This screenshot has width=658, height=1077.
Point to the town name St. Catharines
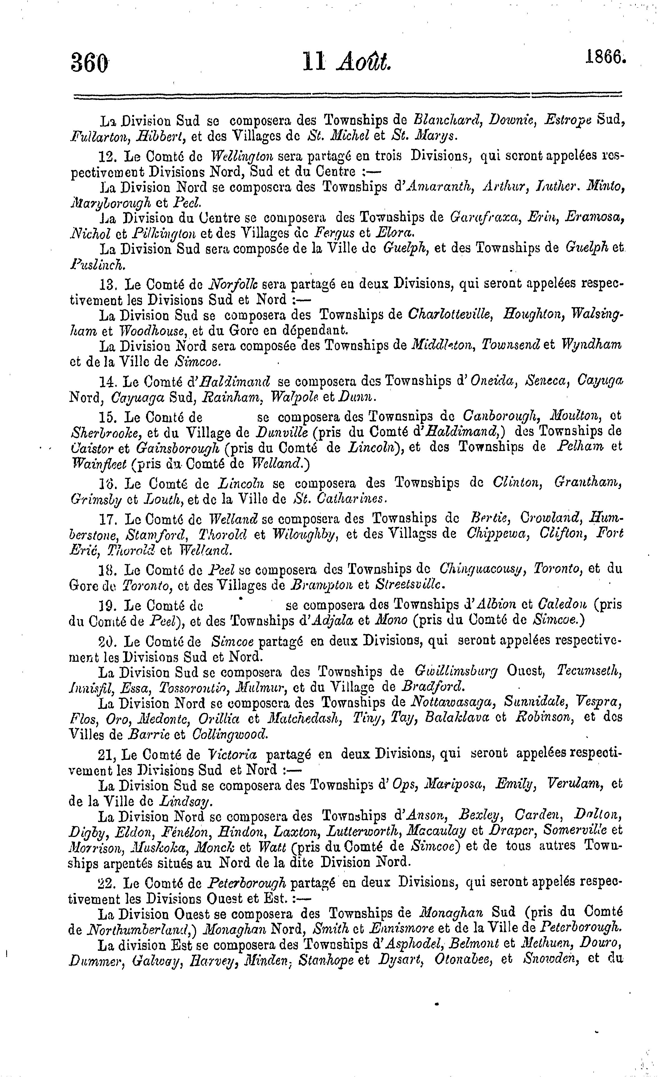tap(340, 498)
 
